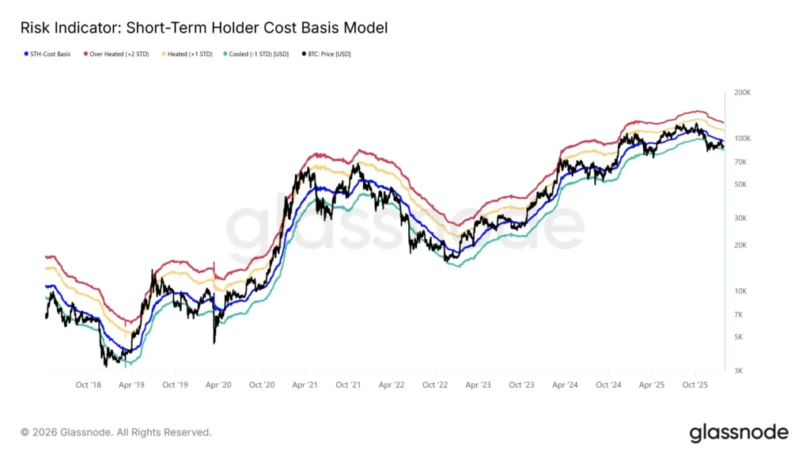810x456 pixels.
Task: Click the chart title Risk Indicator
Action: (x=204, y=28)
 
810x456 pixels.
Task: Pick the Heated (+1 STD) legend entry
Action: (x=190, y=55)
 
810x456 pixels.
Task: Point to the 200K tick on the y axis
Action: (x=743, y=93)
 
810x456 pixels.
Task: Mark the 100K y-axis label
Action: (x=743, y=139)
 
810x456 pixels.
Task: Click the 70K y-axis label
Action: (x=741, y=162)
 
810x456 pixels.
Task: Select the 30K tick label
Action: (x=741, y=218)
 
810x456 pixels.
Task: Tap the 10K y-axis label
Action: (x=741, y=291)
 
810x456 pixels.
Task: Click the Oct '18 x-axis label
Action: (x=88, y=385)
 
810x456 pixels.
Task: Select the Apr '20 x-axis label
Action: (x=218, y=385)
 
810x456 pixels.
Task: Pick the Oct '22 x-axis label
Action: (x=435, y=385)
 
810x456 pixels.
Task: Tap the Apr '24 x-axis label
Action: (x=565, y=385)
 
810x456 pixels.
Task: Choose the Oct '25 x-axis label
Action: (x=695, y=385)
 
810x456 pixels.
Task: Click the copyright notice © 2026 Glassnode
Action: (x=116, y=432)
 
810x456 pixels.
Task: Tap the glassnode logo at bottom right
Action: (x=739, y=432)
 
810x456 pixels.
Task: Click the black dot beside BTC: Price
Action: (x=305, y=55)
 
